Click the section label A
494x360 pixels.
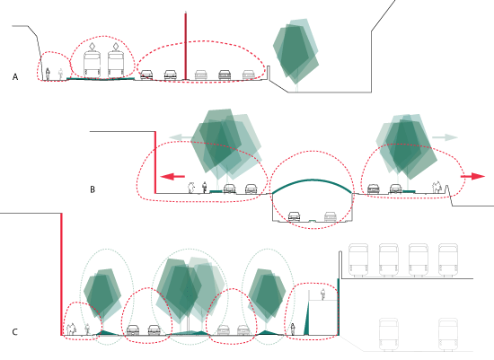(x=15, y=77)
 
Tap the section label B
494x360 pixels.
(x=93, y=189)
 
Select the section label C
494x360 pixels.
(x=14, y=332)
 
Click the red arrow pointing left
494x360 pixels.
(x=172, y=176)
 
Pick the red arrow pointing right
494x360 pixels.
(x=472, y=176)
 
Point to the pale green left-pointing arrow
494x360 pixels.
(x=181, y=137)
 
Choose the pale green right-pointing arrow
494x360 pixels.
(x=445, y=137)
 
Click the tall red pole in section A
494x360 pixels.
(x=186, y=46)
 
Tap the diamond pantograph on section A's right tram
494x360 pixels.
(x=116, y=47)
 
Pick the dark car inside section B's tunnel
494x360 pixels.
(x=295, y=216)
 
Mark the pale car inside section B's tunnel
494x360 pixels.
(x=331, y=216)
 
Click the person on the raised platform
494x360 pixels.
(x=322, y=294)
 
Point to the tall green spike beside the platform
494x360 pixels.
(x=306, y=318)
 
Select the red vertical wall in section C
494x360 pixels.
(x=61, y=274)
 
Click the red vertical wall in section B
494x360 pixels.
(x=155, y=162)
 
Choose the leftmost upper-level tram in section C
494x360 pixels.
(x=358, y=259)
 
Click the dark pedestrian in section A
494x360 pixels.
(x=48, y=74)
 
